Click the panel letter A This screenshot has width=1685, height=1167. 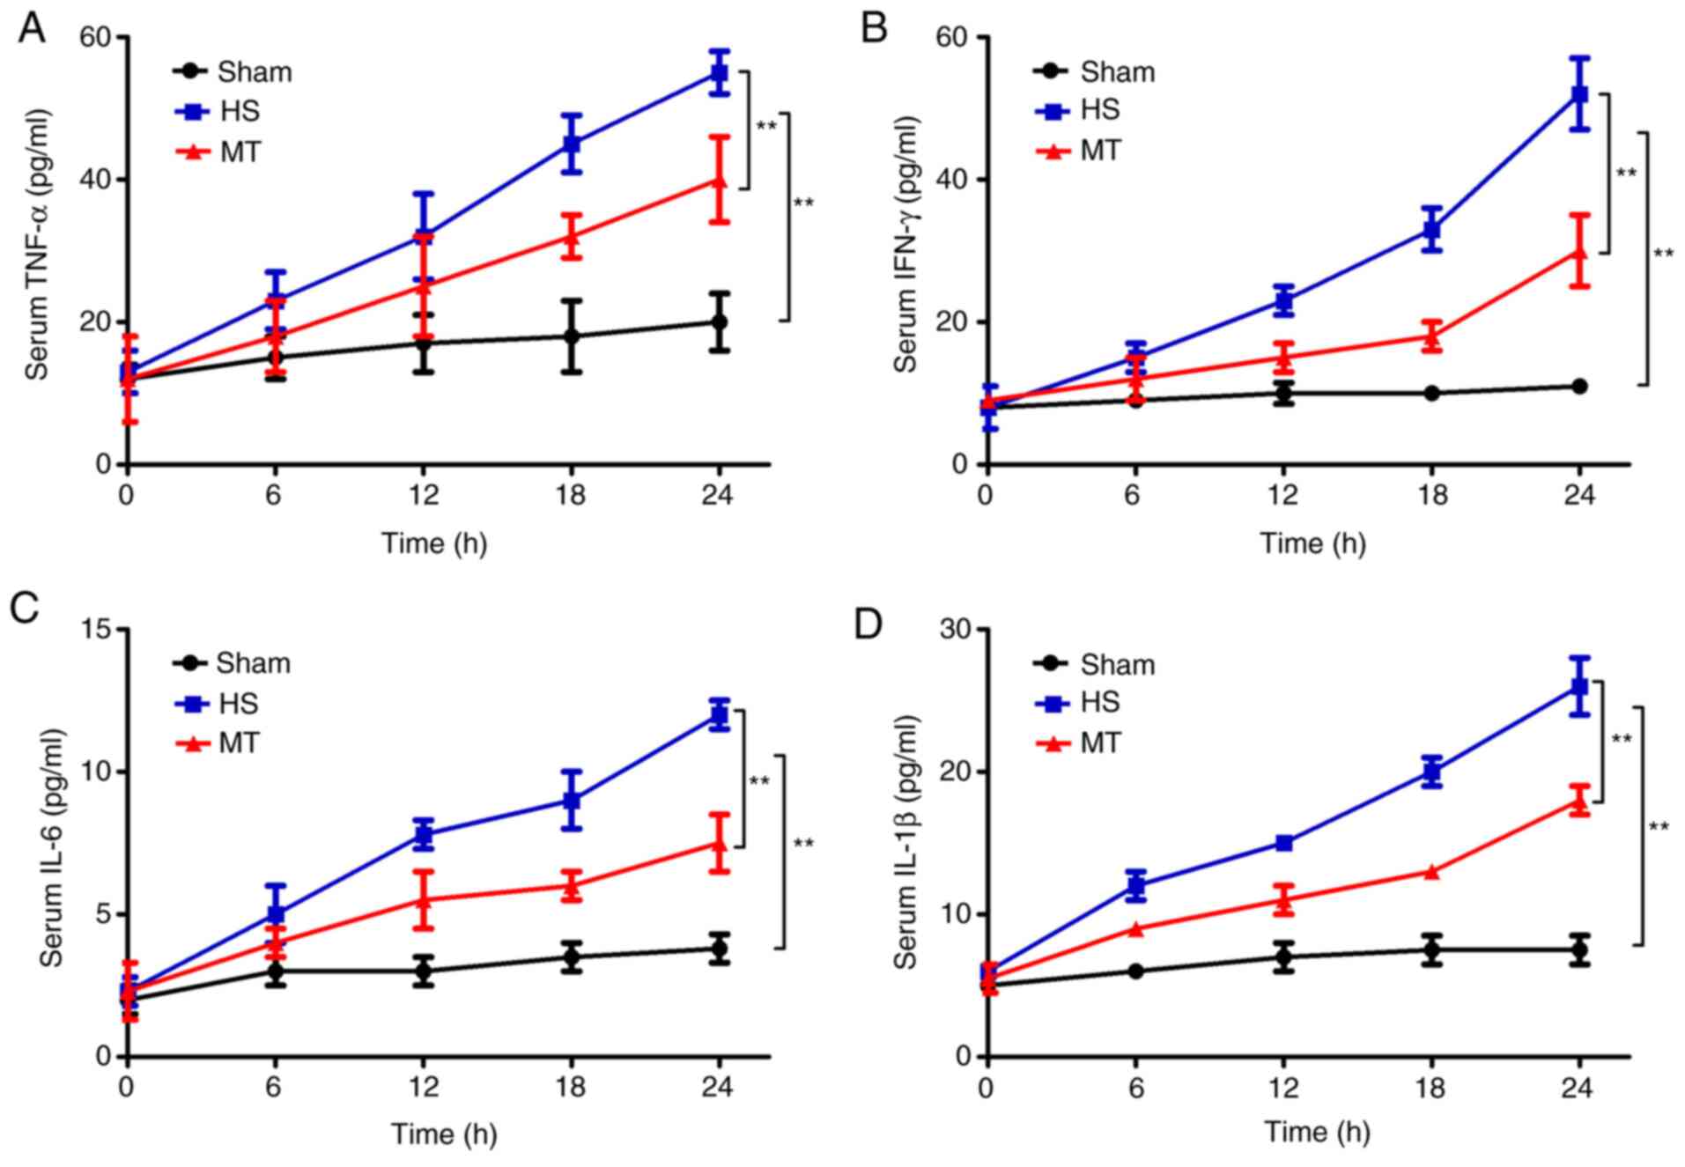tap(32, 28)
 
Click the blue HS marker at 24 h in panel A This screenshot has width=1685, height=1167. tap(720, 73)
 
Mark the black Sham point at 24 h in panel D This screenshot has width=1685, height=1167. tap(1579, 949)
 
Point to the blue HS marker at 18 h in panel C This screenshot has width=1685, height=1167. tap(572, 800)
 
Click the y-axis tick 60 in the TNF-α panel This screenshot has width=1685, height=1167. tap(96, 38)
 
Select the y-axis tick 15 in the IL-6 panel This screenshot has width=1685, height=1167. tap(96, 630)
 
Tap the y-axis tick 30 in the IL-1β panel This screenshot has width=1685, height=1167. tap(957, 630)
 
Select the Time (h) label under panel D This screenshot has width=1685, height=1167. tap(1318, 1132)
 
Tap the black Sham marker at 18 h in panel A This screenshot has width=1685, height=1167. tap(572, 336)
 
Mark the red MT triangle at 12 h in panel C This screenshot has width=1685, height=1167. tap(424, 899)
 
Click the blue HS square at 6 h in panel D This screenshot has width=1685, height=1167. tap(1135, 885)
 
